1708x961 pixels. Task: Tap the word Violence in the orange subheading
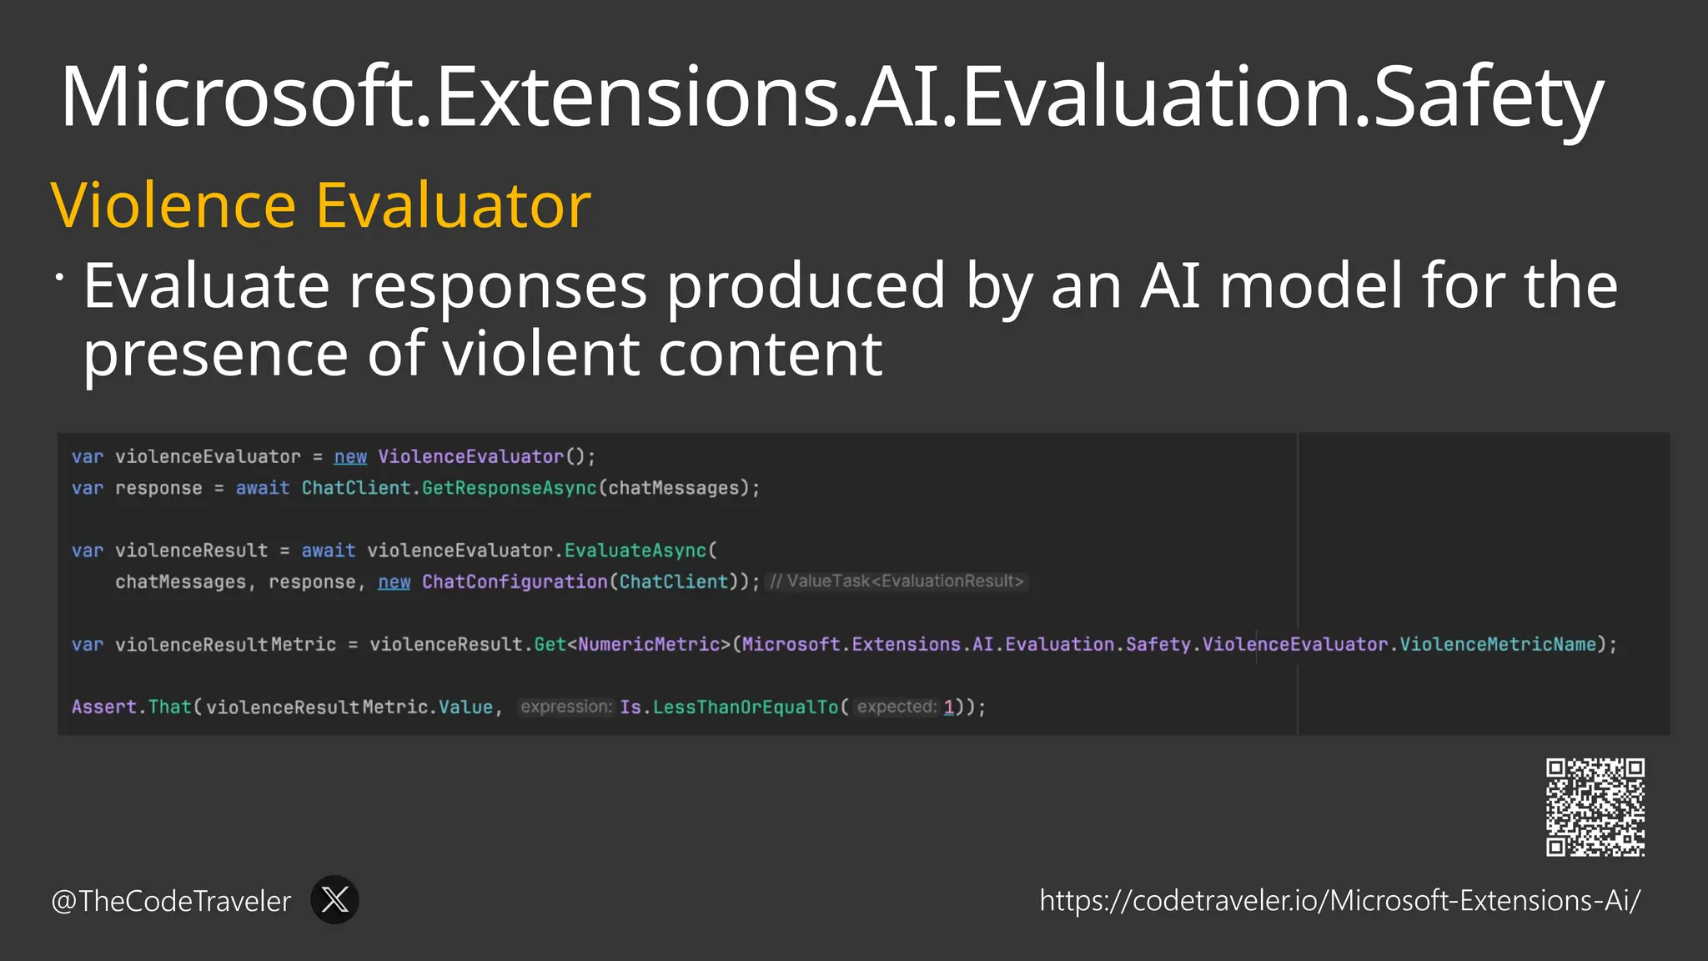(x=173, y=205)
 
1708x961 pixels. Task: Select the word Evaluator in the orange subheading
(x=454, y=205)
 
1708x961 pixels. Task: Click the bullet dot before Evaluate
(x=59, y=277)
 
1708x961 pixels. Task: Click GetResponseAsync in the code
(x=510, y=488)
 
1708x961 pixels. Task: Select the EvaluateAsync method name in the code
(x=635, y=551)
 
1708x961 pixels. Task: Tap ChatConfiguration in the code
(x=515, y=581)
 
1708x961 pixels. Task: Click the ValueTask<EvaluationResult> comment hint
(x=897, y=581)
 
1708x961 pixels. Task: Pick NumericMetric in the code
(x=649, y=644)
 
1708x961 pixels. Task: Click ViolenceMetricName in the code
(x=1497, y=644)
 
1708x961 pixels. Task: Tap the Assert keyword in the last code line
(x=103, y=707)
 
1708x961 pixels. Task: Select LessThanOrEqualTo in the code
(x=745, y=707)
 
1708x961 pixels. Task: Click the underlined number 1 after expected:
(x=948, y=707)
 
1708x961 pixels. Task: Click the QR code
(x=1595, y=807)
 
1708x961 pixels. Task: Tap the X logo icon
(x=334, y=899)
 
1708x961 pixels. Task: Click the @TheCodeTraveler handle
(x=171, y=901)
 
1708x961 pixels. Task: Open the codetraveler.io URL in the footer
(x=1339, y=901)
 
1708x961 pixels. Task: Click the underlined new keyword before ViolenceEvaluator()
(x=350, y=456)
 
